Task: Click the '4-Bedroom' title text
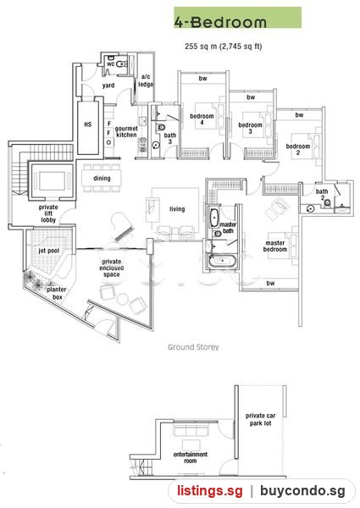click(x=221, y=22)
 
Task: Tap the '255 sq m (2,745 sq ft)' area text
click(x=224, y=47)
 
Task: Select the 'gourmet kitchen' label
click(x=126, y=131)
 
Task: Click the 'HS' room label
click(x=88, y=124)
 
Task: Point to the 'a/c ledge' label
click(x=146, y=80)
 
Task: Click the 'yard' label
click(x=108, y=86)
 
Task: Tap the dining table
click(x=102, y=178)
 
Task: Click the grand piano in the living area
click(x=123, y=227)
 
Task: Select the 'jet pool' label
click(x=49, y=251)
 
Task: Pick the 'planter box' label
click(x=57, y=293)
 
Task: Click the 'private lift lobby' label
click(x=48, y=213)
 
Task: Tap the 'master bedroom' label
click(x=275, y=246)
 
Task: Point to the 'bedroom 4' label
click(x=202, y=119)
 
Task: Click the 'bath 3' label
click(x=170, y=138)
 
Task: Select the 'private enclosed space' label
click(x=112, y=268)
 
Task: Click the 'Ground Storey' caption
click(x=193, y=347)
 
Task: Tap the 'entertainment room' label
click(x=191, y=457)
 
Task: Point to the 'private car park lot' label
click(x=261, y=419)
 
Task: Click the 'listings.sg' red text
click(x=210, y=491)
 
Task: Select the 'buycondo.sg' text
click(x=302, y=491)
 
